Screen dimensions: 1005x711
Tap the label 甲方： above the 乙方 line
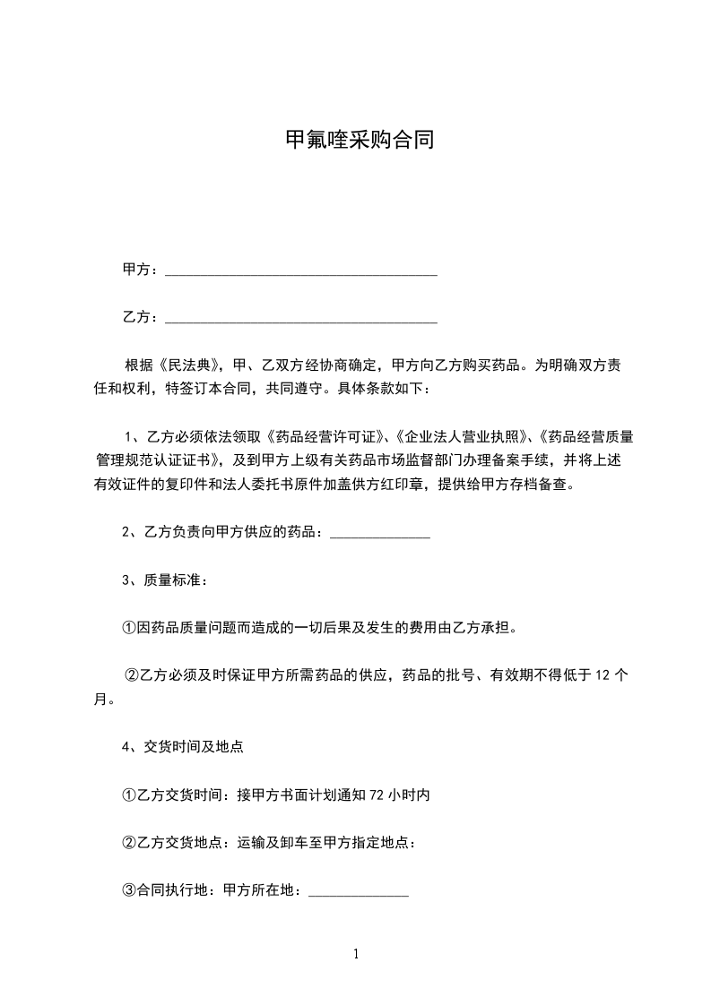(141, 270)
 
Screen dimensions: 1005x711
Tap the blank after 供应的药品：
(380, 533)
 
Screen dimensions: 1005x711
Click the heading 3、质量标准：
(165, 580)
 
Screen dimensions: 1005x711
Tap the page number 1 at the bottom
(356, 955)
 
